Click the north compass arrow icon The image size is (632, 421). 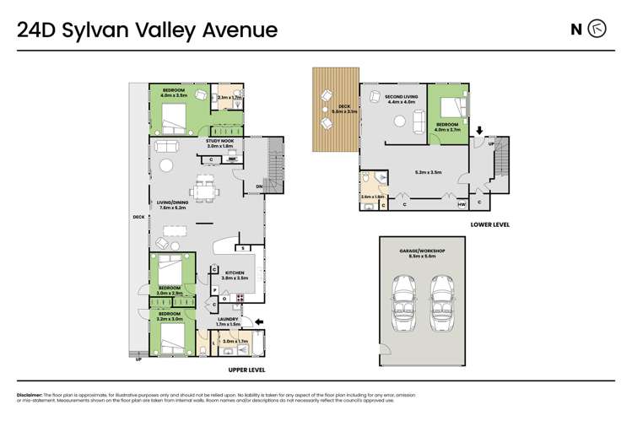597,30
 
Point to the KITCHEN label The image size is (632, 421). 234,272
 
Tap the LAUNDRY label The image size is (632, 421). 228,319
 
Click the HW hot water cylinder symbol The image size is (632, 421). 462,204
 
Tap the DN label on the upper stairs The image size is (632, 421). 259,186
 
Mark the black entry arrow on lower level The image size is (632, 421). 479,132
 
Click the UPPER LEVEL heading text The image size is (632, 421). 247,369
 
